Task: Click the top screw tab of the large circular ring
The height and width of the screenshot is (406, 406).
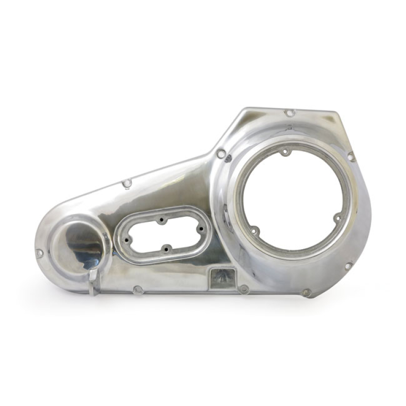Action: pyautogui.click(x=285, y=151)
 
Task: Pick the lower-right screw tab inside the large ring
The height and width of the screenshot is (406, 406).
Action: pyautogui.click(x=337, y=218)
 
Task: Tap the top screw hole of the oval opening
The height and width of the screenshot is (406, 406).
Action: pyautogui.click(x=161, y=221)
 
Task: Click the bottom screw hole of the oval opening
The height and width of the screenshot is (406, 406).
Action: pyautogui.click(x=165, y=249)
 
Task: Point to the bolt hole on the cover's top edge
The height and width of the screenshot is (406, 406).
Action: pyautogui.click(x=289, y=113)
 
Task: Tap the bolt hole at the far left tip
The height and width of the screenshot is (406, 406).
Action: pyautogui.click(x=40, y=252)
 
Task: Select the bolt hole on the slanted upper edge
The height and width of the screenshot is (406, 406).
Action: pyautogui.click(x=127, y=183)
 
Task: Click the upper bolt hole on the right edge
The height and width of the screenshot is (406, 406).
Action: pyautogui.click(x=351, y=156)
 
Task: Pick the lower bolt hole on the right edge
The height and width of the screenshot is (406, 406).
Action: pyautogui.click(x=349, y=265)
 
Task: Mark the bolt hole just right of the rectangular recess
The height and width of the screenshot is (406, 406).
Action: pyautogui.click(x=244, y=289)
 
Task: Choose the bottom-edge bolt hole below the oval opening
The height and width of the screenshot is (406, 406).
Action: pyautogui.click(x=138, y=290)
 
